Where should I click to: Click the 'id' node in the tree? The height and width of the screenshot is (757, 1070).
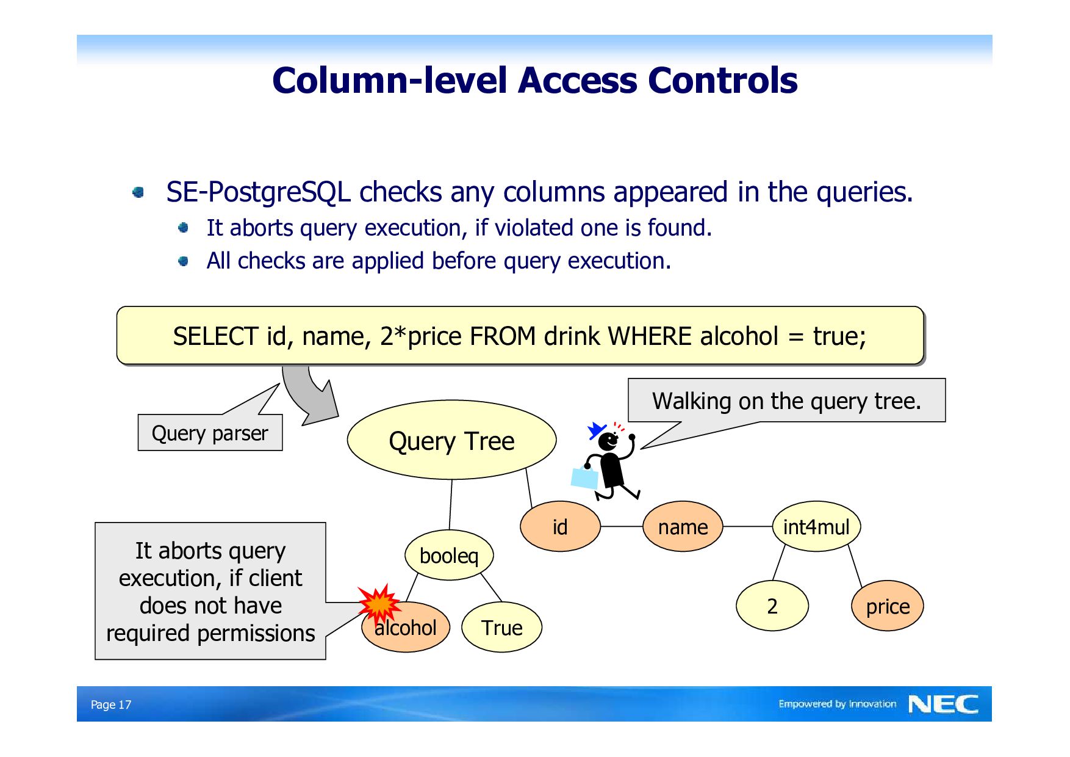point(560,527)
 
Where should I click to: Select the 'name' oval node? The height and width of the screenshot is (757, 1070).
point(683,527)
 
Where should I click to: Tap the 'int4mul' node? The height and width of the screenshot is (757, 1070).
point(816,527)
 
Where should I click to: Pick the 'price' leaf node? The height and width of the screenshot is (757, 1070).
point(888,606)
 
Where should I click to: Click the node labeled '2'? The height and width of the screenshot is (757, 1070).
point(772,606)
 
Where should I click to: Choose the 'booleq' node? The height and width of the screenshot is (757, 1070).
point(449,556)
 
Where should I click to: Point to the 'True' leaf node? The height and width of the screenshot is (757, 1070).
point(501,628)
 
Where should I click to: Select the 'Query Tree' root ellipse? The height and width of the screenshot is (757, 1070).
point(451,440)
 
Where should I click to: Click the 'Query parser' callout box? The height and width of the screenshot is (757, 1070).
point(210,433)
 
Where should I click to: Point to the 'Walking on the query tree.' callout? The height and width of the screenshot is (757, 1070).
point(786,401)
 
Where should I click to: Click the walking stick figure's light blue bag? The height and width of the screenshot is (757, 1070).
point(584,478)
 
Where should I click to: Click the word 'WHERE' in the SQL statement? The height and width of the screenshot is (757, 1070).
point(650,336)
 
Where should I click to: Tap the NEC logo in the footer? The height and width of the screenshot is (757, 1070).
point(943,704)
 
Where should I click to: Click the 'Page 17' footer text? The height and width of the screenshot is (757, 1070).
point(111,704)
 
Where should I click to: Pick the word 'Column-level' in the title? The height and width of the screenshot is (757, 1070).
point(390,81)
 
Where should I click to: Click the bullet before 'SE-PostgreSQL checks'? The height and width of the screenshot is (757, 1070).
point(138,193)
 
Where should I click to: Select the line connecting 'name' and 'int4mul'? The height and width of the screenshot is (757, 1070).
point(747,526)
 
